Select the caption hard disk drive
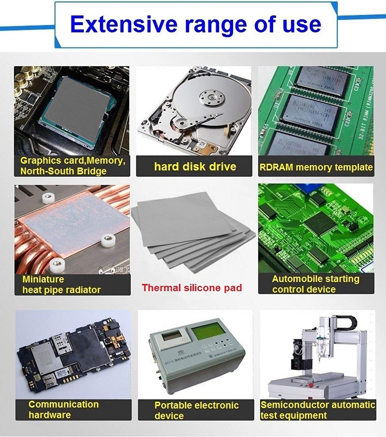[x=195, y=167]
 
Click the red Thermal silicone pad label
[x=192, y=288]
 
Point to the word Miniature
[x=43, y=279]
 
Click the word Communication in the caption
[x=63, y=404]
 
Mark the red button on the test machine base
[x=311, y=385]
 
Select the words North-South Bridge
[x=63, y=171]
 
